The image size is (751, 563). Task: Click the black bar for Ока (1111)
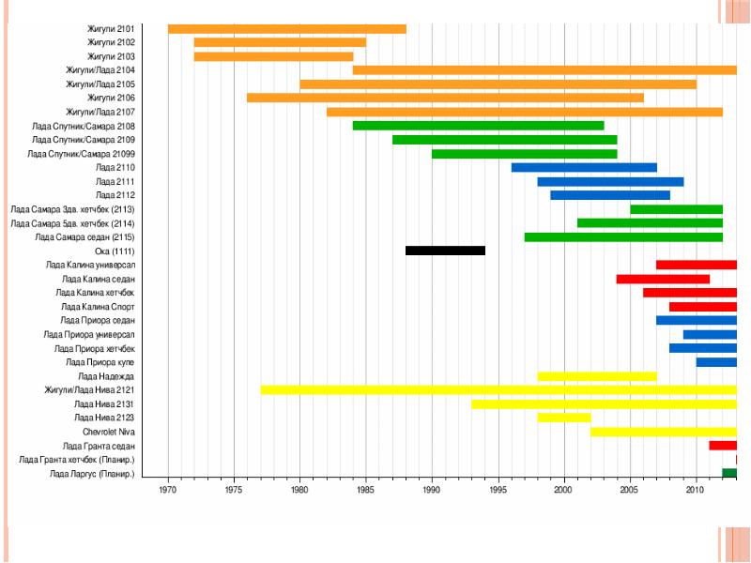(445, 251)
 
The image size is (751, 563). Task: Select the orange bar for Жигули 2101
(286, 29)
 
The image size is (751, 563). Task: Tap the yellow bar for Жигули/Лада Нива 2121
(498, 389)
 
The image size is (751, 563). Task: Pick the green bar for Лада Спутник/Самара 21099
(524, 154)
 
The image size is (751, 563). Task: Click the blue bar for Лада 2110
(584, 168)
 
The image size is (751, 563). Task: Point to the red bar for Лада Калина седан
(663, 279)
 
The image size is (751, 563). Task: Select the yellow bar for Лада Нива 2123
(564, 418)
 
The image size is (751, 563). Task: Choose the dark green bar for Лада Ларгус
(728, 473)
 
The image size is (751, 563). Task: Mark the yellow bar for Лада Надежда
(597, 376)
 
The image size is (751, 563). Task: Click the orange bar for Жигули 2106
(445, 99)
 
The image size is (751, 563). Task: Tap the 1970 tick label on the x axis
(168, 490)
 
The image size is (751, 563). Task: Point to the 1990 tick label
(432, 490)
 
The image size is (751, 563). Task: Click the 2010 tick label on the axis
(696, 490)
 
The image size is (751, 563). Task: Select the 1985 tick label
(366, 490)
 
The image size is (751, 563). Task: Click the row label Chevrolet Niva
(109, 432)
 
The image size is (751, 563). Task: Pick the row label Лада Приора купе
(100, 362)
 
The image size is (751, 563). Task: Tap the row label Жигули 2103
(111, 56)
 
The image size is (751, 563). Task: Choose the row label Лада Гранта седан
(99, 446)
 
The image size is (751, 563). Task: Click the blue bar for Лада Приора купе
(716, 362)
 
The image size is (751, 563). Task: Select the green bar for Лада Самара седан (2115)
(623, 237)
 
